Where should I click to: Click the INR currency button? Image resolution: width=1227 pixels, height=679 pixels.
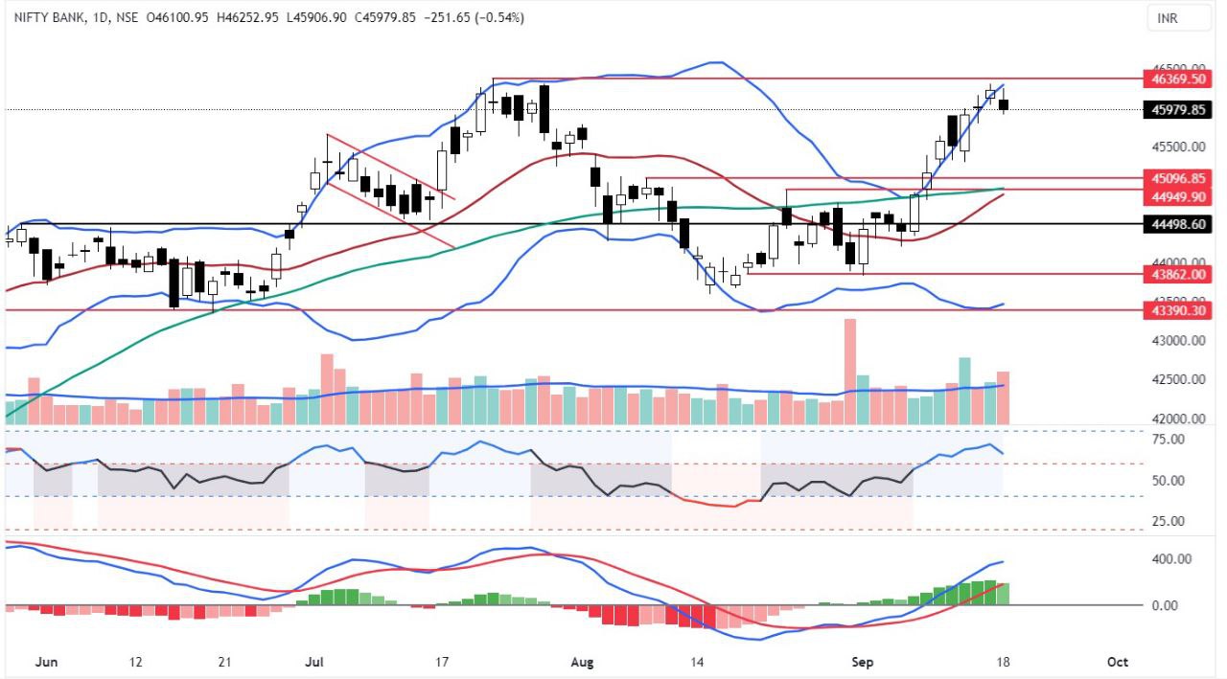click(1167, 18)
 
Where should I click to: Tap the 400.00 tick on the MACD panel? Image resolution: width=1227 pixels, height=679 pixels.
click(1170, 559)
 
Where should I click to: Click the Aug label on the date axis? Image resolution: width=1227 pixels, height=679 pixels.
click(583, 662)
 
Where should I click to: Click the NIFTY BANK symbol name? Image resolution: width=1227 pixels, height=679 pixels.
click(41, 17)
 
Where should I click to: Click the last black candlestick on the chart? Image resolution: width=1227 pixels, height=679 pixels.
click(1004, 104)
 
